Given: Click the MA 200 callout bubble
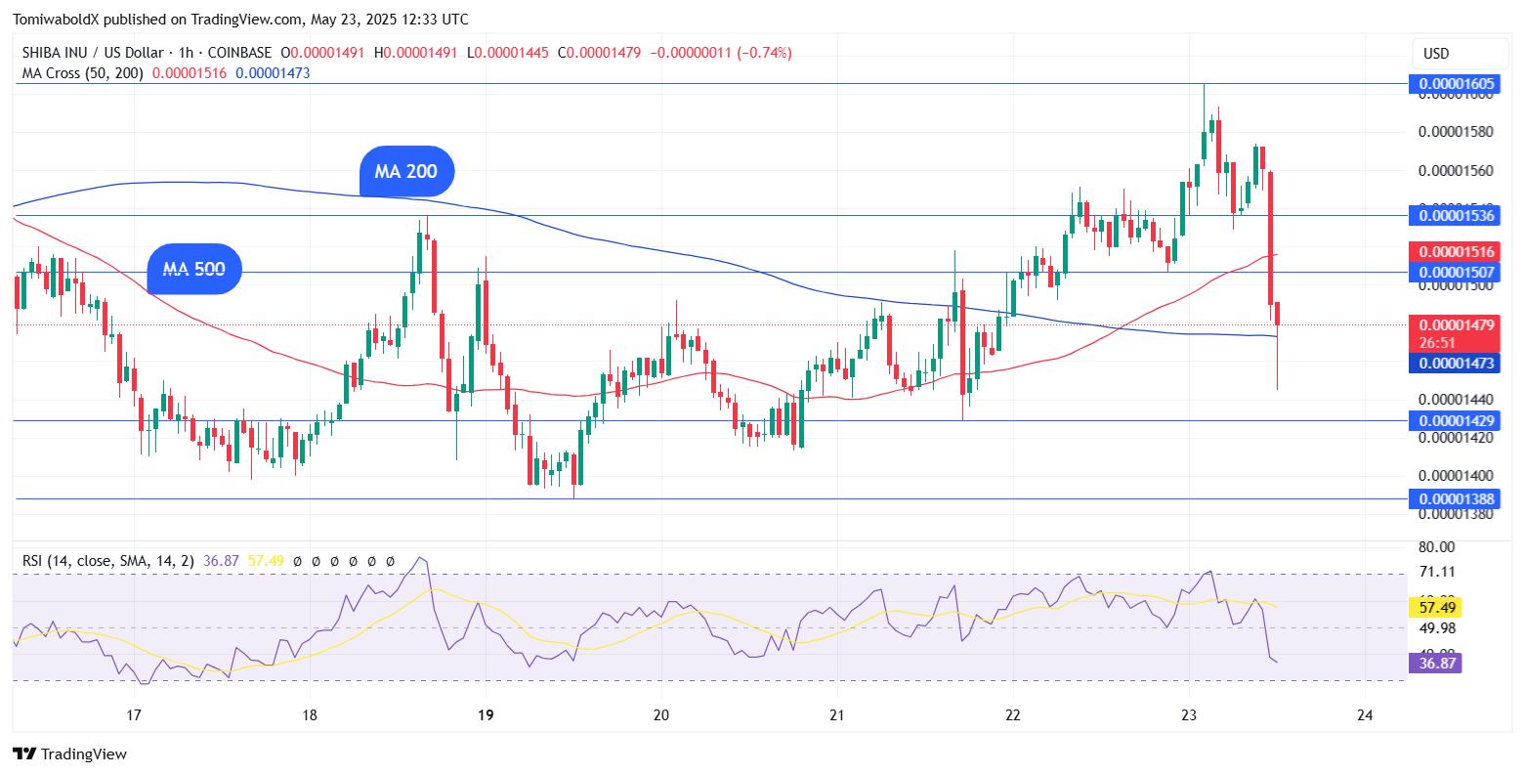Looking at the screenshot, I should click(406, 171).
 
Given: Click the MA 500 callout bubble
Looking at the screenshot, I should click(193, 269).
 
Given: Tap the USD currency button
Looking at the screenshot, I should click(1460, 53).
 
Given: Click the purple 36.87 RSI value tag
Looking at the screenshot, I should click(1435, 664).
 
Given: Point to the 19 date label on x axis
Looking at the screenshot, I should click(486, 715).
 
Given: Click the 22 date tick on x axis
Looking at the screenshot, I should click(1012, 715).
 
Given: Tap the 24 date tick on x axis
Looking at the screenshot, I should click(1365, 715).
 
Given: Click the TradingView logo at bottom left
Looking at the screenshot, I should click(69, 753).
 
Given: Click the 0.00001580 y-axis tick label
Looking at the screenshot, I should click(1456, 131).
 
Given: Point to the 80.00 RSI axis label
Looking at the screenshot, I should click(1436, 547).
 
